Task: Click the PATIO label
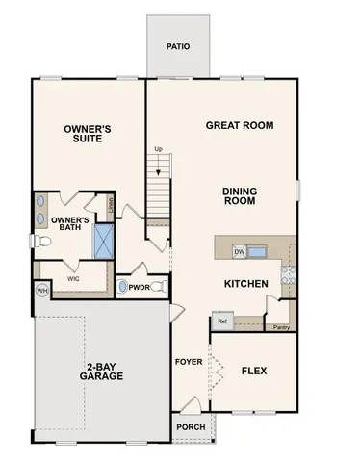click(x=177, y=45)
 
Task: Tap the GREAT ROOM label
click(x=240, y=125)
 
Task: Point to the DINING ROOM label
click(x=240, y=196)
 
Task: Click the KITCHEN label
click(x=246, y=284)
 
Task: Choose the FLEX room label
click(x=254, y=370)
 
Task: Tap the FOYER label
click(x=188, y=363)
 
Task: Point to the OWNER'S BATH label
click(x=71, y=224)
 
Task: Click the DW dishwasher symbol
click(x=240, y=252)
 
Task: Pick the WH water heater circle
click(x=42, y=290)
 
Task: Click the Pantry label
click(x=281, y=327)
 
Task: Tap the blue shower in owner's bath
click(x=104, y=240)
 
